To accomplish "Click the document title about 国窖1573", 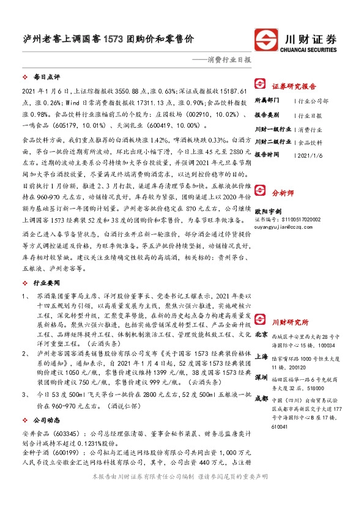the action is (105, 39).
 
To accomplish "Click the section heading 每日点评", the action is (46, 78).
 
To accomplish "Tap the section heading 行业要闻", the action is (46, 283).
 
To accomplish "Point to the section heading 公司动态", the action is (46, 437).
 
